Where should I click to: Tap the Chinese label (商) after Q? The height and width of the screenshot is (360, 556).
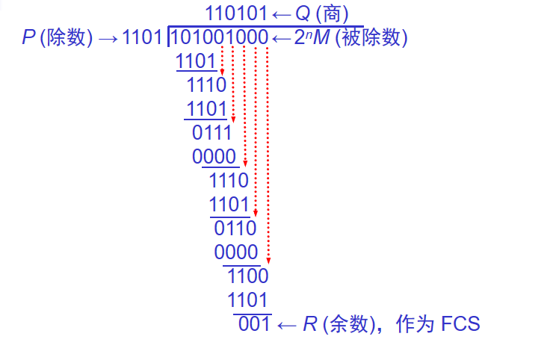pyautogui.click(x=331, y=13)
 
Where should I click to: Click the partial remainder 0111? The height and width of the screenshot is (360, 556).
pyautogui.click(x=212, y=133)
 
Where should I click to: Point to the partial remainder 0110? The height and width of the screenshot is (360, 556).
pyautogui.click(x=235, y=228)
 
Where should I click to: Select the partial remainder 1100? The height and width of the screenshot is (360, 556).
pyautogui.click(x=247, y=276)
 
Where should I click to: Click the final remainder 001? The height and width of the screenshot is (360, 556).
pyautogui.click(x=253, y=324)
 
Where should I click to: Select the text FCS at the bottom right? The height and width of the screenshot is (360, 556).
pyautogui.click(x=460, y=324)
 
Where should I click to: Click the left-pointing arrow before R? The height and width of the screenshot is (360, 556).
pyautogui.click(x=288, y=324)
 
